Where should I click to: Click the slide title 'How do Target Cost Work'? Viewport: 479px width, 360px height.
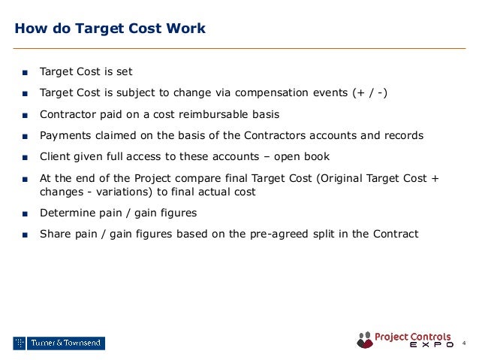click(110, 29)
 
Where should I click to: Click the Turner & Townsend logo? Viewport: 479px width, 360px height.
click(59, 343)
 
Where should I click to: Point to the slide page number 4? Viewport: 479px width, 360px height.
click(463, 343)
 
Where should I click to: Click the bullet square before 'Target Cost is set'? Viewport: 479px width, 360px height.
click(25, 73)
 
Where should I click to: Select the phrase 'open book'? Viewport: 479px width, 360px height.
click(308, 156)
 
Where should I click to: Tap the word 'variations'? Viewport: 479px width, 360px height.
click(120, 192)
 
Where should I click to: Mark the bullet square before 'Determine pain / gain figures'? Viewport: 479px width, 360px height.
click(25, 213)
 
